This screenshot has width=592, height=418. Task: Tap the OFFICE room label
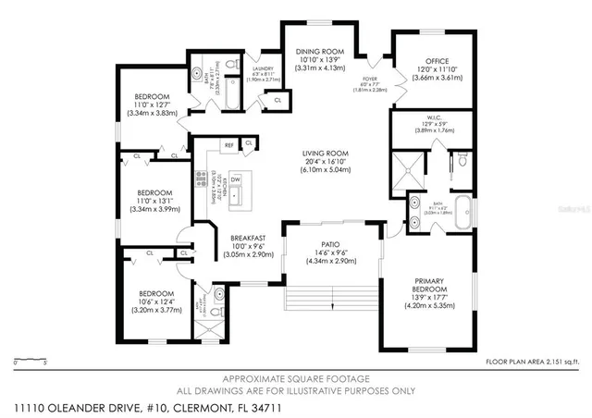pos(410,61)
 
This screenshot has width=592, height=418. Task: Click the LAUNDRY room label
pos(263,68)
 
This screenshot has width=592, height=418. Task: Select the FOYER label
pos(366,80)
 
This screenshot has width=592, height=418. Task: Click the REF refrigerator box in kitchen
pos(228,144)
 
